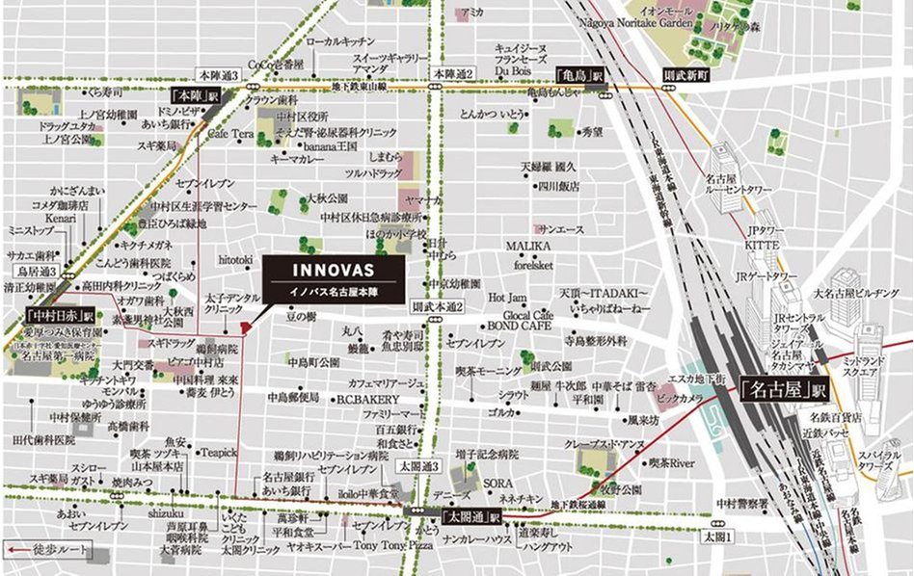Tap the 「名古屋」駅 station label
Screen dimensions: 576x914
pos(785,391)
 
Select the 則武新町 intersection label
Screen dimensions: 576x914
pos(685,73)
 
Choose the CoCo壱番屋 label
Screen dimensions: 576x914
pos(275,65)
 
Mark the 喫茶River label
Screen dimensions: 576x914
pos(671,463)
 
